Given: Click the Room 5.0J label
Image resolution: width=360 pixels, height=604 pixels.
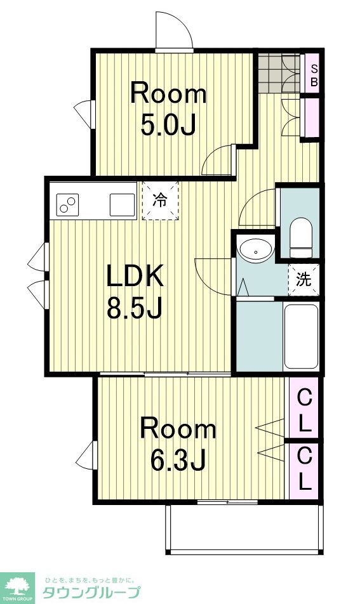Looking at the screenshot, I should point(168,110).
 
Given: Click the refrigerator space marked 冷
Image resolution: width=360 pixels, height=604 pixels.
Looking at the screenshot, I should point(161,201).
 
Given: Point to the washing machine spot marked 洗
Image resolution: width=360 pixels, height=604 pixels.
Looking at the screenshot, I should point(303,280).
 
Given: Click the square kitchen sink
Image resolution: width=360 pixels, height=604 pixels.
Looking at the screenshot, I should point(121,204).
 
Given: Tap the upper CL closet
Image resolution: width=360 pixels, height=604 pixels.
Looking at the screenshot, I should point(305,410).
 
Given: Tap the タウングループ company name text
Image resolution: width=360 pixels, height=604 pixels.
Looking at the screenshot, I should point(91,593).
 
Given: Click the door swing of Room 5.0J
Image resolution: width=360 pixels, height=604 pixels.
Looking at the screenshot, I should point(217,160).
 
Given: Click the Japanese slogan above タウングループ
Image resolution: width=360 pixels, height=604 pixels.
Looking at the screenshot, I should point(91,579).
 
